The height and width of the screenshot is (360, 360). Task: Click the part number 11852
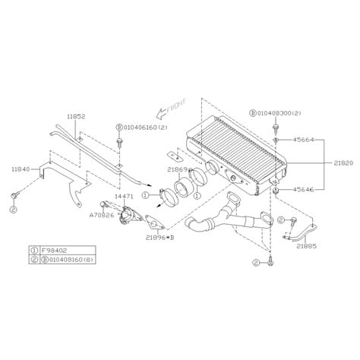tap(77, 117)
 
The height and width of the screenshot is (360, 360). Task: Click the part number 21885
tap(308, 246)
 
